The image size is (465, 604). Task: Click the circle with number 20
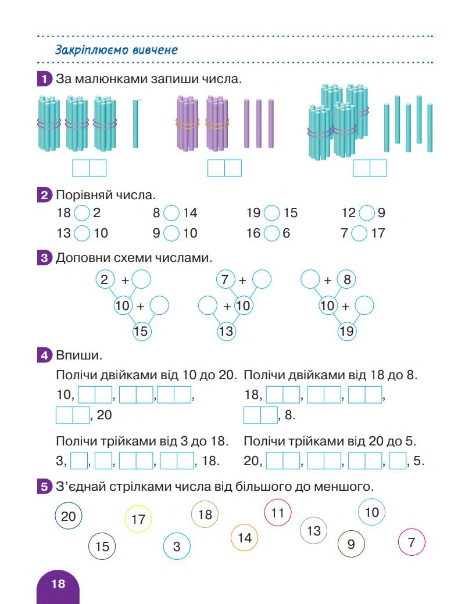[x=69, y=516]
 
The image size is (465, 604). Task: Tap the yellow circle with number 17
[x=138, y=519]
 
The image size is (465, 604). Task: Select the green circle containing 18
[x=205, y=515]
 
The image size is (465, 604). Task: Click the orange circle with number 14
[x=245, y=538]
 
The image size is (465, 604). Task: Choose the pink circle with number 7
[x=412, y=544]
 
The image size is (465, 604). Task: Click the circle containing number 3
[x=177, y=547]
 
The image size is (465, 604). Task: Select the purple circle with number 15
[x=102, y=547]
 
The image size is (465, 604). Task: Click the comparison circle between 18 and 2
[x=83, y=213]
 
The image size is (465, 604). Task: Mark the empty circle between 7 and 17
[x=367, y=234]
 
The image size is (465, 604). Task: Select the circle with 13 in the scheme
[x=227, y=332]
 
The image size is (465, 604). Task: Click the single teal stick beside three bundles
[x=135, y=124]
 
